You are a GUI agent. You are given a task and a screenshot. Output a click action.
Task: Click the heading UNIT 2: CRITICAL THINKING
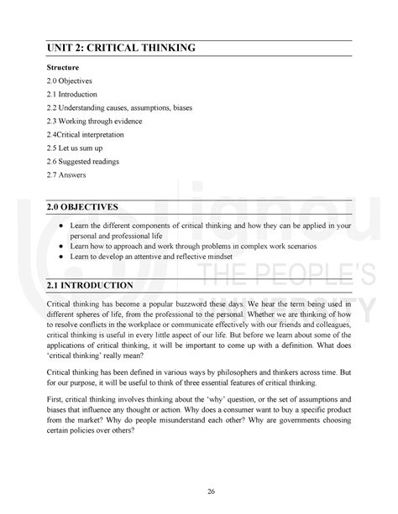tap(122, 48)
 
